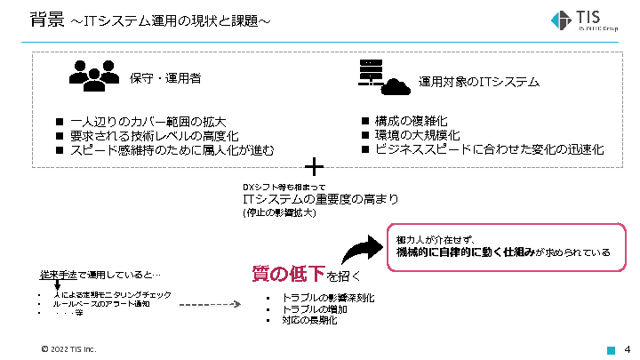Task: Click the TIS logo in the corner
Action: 587,20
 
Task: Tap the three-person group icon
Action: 92,76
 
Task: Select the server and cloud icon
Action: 383,77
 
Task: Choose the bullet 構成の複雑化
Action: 412,120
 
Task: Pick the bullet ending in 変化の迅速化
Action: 489,149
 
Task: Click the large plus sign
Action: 314,166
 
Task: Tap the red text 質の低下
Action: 287,274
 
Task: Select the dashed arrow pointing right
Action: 204,304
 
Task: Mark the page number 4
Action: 628,348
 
